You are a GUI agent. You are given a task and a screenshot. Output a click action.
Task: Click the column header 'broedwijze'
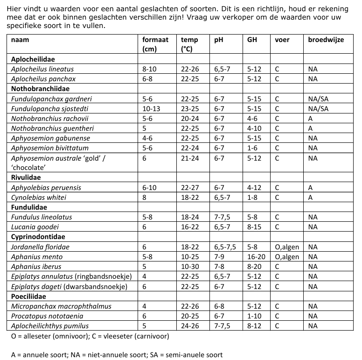(x=326, y=40)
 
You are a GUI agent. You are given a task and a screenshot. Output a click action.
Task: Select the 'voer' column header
(x=282, y=40)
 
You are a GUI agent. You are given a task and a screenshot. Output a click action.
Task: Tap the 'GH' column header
(x=252, y=40)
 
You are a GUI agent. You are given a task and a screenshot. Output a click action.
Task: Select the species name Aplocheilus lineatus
(x=42, y=69)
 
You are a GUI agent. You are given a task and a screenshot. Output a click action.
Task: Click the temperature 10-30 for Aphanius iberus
(x=190, y=267)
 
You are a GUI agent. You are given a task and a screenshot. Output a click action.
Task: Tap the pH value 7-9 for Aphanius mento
(x=219, y=257)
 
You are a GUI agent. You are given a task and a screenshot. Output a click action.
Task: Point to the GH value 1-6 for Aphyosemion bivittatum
(x=253, y=148)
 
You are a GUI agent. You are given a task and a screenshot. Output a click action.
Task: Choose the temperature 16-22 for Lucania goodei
(x=190, y=227)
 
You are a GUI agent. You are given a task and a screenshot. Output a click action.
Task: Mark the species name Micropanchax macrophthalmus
(x=55, y=306)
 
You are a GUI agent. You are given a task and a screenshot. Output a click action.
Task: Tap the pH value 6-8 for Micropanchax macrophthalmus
(x=219, y=306)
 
